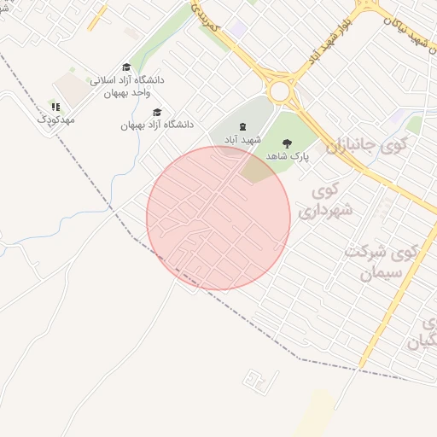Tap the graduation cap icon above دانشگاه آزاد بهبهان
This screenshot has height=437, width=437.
point(157,112)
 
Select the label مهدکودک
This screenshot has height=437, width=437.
point(56,120)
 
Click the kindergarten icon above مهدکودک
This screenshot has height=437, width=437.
point(55,108)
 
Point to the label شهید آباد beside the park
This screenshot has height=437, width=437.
point(242,138)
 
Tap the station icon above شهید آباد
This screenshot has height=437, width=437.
point(242,126)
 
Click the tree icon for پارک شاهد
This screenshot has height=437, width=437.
point(286,144)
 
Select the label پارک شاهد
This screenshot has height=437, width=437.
point(287,157)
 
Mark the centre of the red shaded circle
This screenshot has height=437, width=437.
point(218,218)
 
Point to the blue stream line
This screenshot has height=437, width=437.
point(77,218)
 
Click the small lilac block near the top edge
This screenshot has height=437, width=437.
point(238,29)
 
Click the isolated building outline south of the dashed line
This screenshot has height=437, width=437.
point(253,376)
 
